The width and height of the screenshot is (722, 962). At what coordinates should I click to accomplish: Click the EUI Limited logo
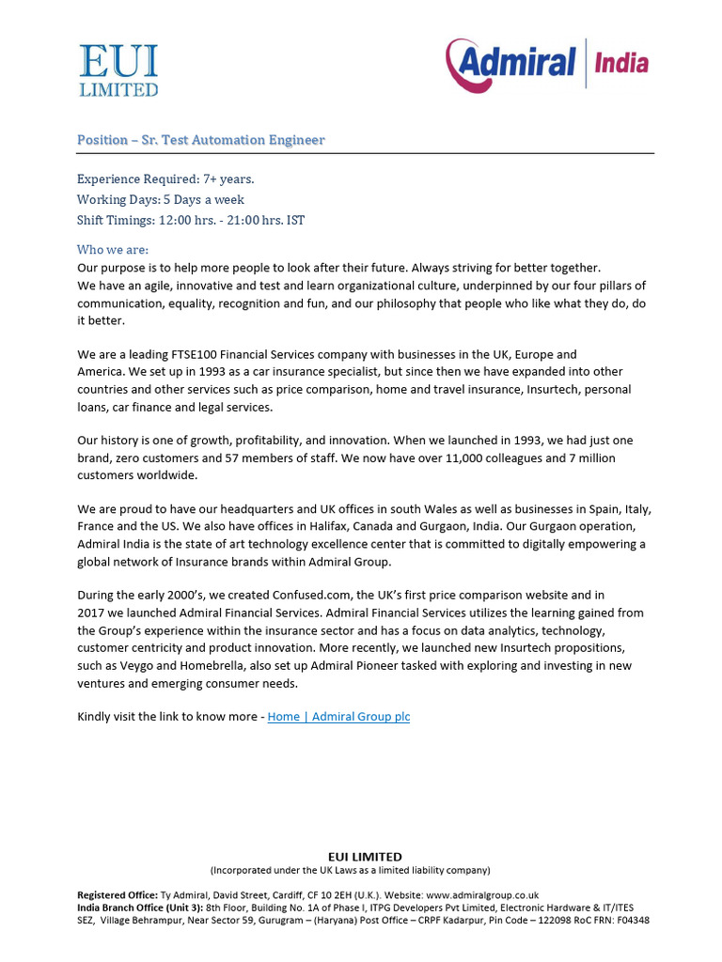pyautogui.click(x=118, y=70)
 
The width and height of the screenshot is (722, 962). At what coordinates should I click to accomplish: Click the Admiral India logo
pyautogui.click(x=547, y=64)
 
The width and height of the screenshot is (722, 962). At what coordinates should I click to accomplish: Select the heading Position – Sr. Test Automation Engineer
pyautogui.click(x=201, y=140)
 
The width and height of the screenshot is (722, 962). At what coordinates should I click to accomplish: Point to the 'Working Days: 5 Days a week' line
pyautogui.click(x=161, y=199)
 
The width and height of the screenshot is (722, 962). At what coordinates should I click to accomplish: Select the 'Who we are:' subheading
pyautogui.click(x=113, y=250)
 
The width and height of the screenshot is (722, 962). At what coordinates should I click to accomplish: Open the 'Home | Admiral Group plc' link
pyautogui.click(x=338, y=717)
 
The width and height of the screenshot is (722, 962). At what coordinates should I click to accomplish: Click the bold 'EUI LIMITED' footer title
pyautogui.click(x=365, y=856)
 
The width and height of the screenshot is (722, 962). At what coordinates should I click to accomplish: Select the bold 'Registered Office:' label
pyautogui.click(x=118, y=896)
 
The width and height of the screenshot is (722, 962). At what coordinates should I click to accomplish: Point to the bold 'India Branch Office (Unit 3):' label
pyautogui.click(x=140, y=908)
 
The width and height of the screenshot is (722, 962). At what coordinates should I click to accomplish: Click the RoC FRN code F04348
pyautogui.click(x=631, y=921)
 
